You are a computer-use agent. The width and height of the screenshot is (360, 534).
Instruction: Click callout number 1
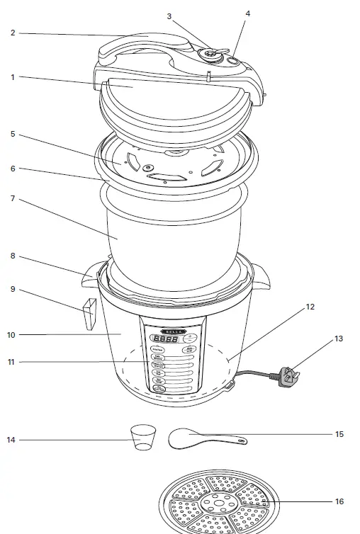[x=13, y=77]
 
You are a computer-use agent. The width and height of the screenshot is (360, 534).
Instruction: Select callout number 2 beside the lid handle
[x=13, y=33]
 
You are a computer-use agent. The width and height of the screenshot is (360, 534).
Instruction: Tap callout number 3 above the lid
[x=169, y=16]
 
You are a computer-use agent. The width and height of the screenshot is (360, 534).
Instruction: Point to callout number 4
[x=247, y=13]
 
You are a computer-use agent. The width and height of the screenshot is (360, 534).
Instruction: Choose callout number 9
[x=13, y=289]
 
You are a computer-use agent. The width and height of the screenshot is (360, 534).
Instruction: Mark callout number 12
[x=310, y=307]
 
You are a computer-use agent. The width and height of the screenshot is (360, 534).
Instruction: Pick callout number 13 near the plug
[x=339, y=339]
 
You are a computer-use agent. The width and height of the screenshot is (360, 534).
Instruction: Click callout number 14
[x=11, y=440]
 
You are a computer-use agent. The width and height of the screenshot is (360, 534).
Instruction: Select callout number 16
[x=339, y=501]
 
